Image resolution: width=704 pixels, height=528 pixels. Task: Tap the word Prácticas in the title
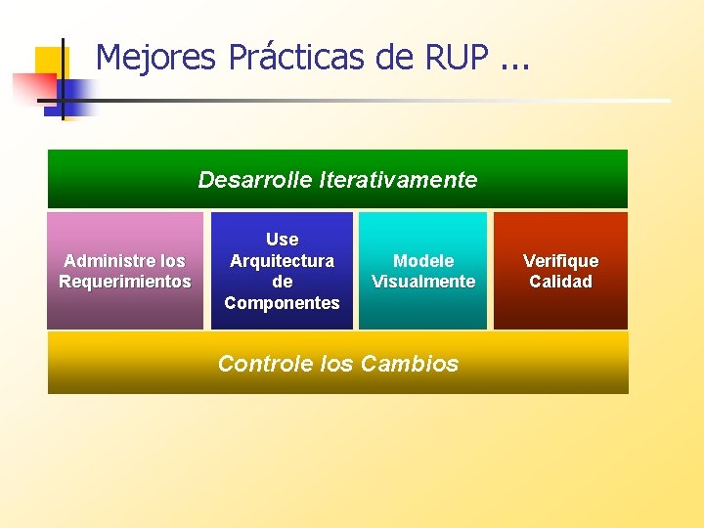point(297,58)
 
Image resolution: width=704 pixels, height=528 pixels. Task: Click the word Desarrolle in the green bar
point(254,180)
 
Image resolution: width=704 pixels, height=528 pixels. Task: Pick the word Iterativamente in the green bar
point(398,180)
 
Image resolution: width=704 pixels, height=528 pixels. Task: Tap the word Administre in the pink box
point(102,261)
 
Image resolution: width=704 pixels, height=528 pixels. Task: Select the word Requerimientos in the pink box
point(125,282)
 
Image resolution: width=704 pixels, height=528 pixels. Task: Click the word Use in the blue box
point(282,240)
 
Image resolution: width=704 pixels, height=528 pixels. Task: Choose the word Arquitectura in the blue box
point(282,261)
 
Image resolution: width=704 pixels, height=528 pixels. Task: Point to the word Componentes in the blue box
point(282,303)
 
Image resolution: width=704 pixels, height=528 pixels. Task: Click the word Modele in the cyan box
point(423,261)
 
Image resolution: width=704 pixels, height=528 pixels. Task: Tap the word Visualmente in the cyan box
point(423,282)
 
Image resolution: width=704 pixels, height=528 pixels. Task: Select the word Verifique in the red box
point(560,261)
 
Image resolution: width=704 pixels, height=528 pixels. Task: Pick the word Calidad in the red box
point(560,282)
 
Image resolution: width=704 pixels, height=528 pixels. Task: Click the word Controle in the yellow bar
point(265,364)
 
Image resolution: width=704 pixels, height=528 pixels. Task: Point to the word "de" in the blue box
point(282,282)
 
